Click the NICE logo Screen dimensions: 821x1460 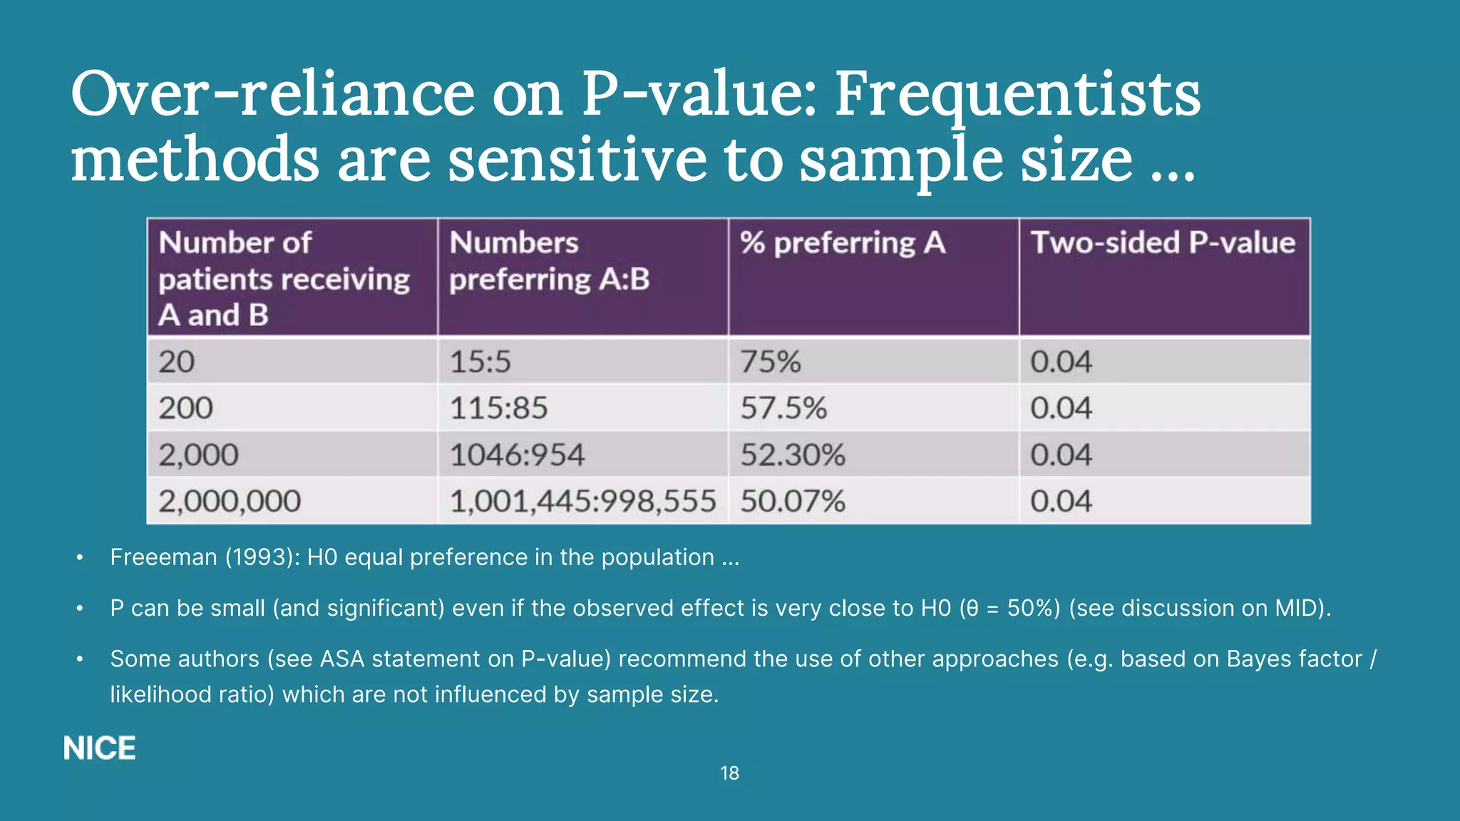tap(99, 748)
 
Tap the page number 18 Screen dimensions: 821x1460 tap(729, 773)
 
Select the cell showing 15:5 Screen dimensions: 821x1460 tap(480, 362)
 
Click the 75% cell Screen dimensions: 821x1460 tap(771, 362)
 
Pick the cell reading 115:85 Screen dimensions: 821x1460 tap(498, 408)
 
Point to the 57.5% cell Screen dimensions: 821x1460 tap(783, 408)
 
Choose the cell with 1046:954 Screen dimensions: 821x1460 tap(517, 455)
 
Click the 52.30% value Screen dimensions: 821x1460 tap(793, 455)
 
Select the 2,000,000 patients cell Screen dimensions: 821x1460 tap(230, 501)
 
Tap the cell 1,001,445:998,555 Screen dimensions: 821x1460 tap(582, 501)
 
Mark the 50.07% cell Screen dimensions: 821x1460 tap(793, 501)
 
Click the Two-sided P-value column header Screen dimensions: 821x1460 tap(1163, 243)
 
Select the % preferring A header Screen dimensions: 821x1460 tap(843, 243)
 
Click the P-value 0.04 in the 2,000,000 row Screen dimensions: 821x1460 tap(1061, 501)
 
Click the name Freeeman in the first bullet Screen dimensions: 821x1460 tap(163, 557)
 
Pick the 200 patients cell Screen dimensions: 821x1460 tap(185, 408)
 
